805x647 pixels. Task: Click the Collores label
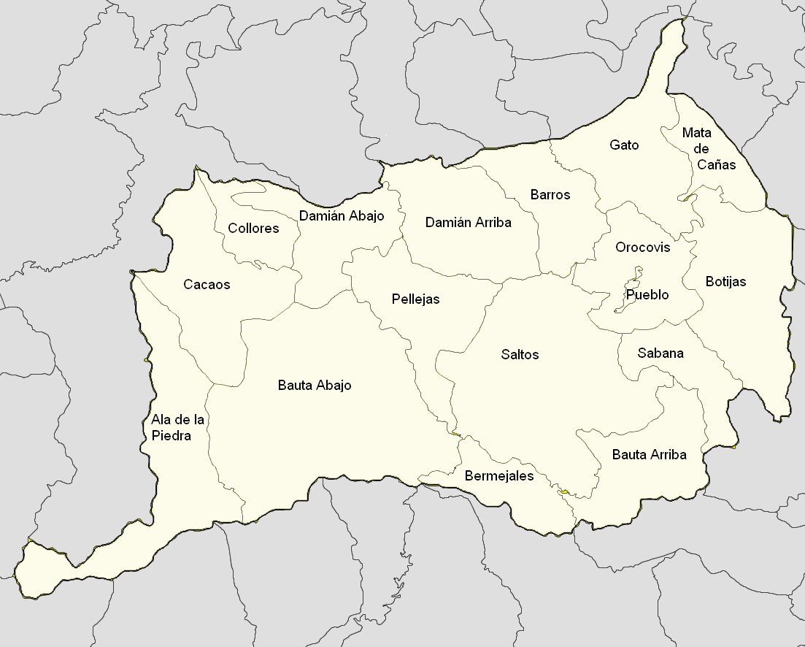[x=253, y=229]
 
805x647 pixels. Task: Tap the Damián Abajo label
[x=342, y=216]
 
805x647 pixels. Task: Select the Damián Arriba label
[x=469, y=222]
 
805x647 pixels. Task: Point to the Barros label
[x=550, y=195]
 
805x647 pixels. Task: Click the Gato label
[x=624, y=145]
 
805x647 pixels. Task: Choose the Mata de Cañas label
[x=706, y=149]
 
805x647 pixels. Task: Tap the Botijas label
[x=726, y=281]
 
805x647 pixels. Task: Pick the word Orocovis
[x=642, y=248]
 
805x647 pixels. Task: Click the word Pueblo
[x=647, y=296]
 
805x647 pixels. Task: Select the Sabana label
[x=660, y=353]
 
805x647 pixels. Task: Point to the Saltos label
[x=520, y=355]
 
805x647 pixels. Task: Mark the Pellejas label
[x=415, y=299]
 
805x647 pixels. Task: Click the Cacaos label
[x=207, y=285]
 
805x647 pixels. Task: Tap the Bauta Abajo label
[x=315, y=386]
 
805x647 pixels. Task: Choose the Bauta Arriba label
[x=650, y=455]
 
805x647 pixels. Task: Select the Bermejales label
[x=499, y=476]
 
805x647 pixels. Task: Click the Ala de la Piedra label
[x=177, y=428]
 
